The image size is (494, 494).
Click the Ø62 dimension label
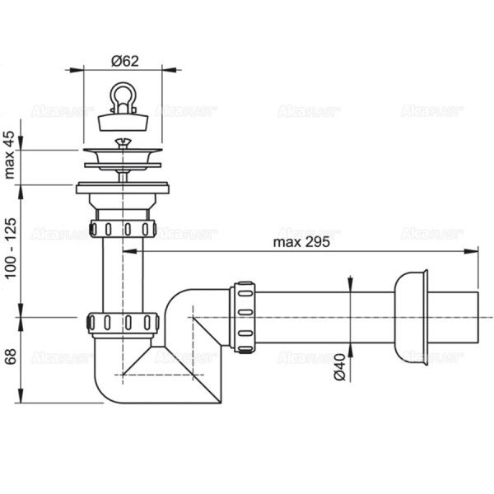tap(123, 61)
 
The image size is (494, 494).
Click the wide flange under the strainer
tap(123, 189)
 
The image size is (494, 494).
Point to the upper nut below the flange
tap(123, 227)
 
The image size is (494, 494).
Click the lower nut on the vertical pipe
tap(123, 321)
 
